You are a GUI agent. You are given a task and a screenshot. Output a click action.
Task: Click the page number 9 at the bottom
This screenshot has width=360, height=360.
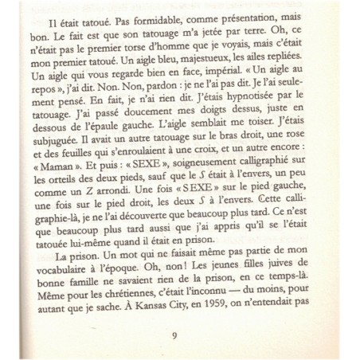point(174,335)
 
